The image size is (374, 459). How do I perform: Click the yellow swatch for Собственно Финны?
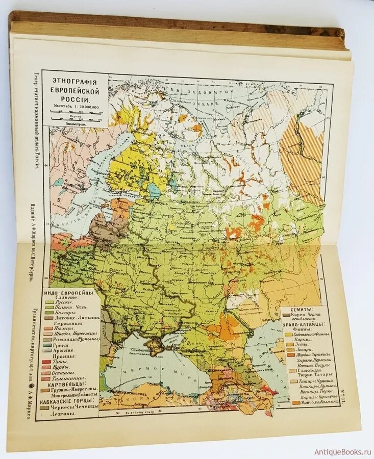[289, 335]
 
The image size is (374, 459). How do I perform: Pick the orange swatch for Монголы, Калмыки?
[293, 403]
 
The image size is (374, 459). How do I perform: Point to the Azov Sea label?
[171, 338]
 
